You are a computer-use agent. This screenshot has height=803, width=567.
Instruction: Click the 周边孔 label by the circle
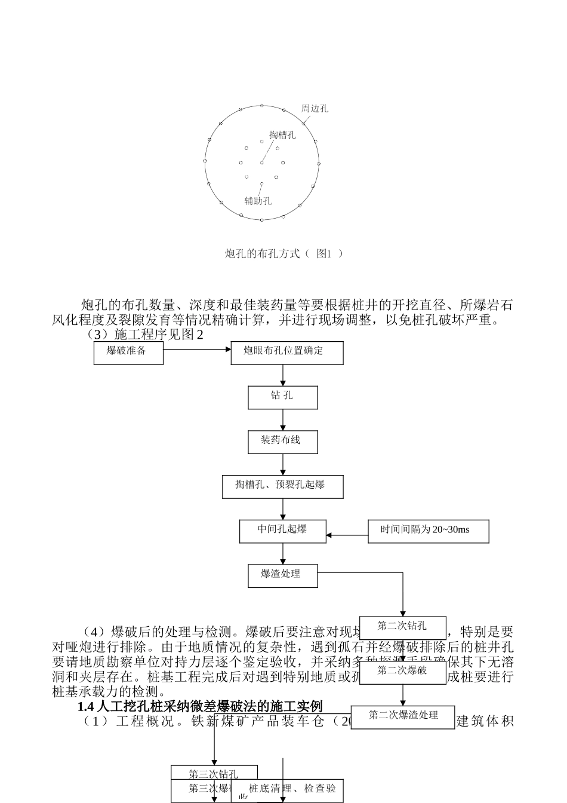point(315,109)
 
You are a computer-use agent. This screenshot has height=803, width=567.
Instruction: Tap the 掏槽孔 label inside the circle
point(282,135)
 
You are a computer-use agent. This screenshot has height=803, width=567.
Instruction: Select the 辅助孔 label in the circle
point(258,201)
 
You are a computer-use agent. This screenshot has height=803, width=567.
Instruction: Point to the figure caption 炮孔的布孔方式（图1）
point(284,253)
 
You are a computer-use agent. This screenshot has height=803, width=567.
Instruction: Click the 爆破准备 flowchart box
point(128,352)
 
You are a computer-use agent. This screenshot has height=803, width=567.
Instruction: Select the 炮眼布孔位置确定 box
point(286,352)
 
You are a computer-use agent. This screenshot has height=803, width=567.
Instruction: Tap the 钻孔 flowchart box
point(282,397)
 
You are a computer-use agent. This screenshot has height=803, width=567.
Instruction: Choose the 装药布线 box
point(282,442)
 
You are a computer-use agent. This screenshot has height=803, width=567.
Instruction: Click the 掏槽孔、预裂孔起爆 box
point(282,486)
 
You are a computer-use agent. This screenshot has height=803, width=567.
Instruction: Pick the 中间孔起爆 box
point(282,531)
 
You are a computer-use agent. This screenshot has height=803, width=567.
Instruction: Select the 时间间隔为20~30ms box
point(428,531)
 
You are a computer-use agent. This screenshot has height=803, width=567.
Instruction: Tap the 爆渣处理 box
point(282,575)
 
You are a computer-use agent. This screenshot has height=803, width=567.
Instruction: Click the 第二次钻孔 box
point(402,627)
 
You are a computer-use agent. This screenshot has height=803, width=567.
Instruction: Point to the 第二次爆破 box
point(402,672)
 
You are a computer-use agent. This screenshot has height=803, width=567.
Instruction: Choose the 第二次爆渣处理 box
point(403,716)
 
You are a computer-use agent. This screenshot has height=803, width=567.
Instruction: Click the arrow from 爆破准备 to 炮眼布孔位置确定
point(197,350)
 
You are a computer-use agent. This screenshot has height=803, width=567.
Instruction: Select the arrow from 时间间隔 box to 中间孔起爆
point(347,535)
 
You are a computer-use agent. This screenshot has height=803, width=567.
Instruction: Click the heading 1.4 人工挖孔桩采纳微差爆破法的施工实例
point(200,707)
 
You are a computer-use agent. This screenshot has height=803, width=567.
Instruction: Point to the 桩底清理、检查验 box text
point(292,789)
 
